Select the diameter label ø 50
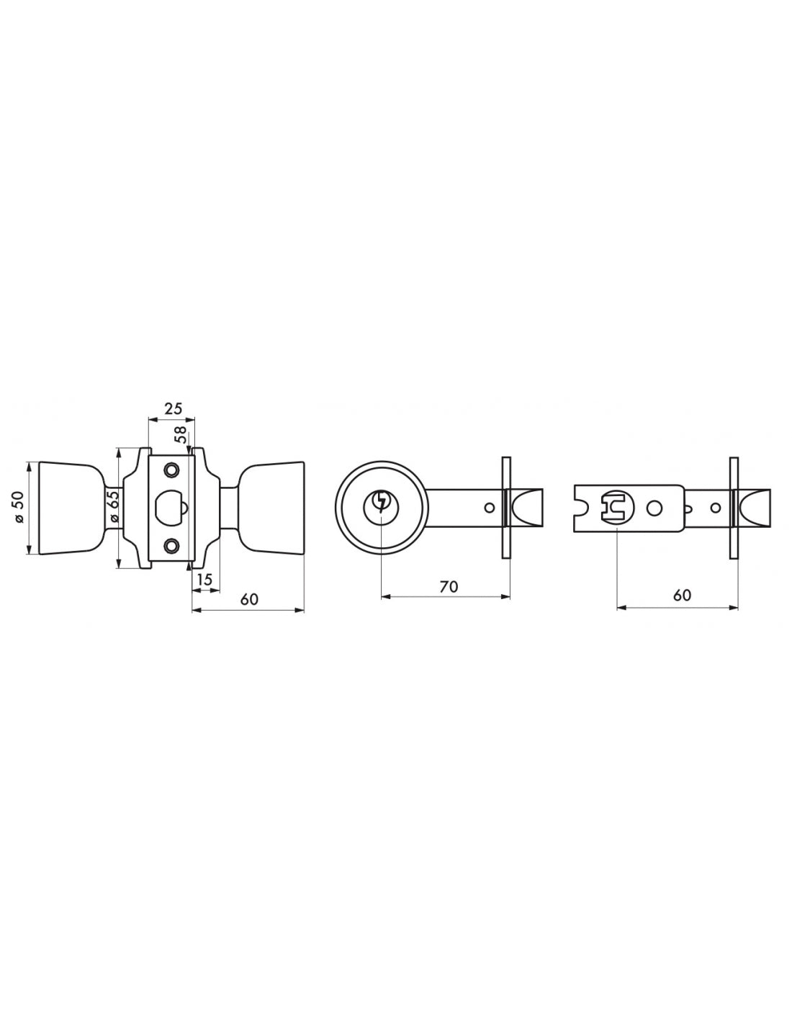(x=19, y=507)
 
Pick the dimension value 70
(x=449, y=586)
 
